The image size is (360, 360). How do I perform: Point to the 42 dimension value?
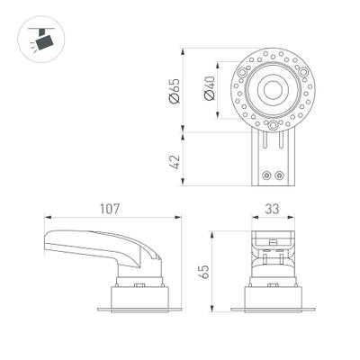(175, 161)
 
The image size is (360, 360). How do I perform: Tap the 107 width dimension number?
(111, 209)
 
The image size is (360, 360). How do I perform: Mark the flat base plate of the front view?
(274, 310)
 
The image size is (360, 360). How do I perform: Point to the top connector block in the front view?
(274, 241)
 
